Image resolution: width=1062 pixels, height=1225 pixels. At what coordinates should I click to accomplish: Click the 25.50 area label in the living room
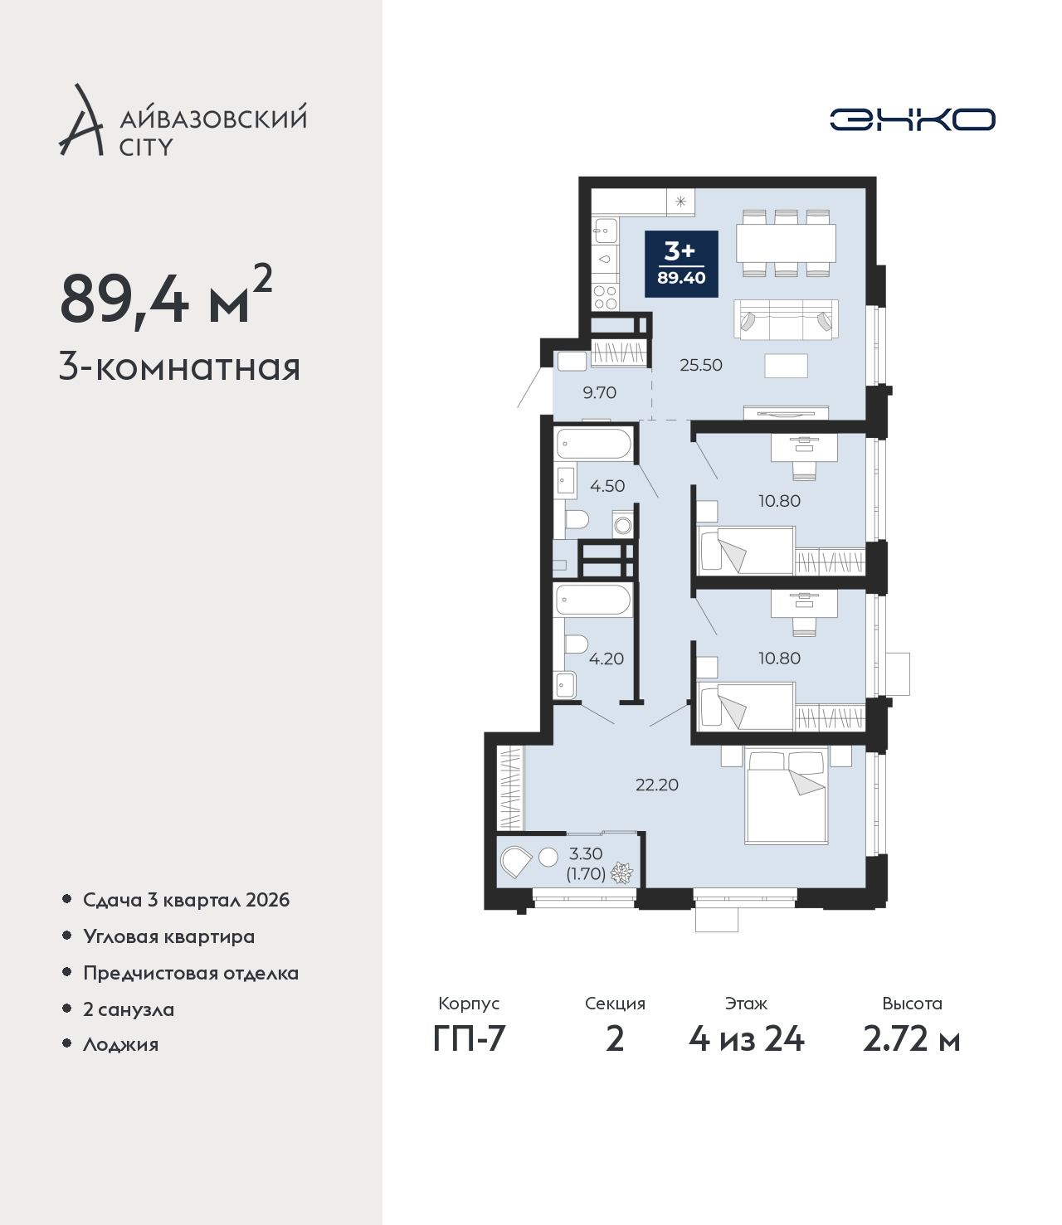click(x=701, y=365)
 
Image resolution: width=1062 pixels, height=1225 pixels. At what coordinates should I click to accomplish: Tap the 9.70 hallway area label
click(x=600, y=392)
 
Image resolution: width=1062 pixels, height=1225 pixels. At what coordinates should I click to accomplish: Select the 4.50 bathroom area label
click(x=607, y=486)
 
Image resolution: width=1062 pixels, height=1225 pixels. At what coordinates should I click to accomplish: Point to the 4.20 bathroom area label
click(x=606, y=659)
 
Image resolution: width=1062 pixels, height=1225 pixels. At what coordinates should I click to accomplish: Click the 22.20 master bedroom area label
click(x=657, y=785)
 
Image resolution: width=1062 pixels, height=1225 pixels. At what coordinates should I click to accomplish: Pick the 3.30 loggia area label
click(x=586, y=853)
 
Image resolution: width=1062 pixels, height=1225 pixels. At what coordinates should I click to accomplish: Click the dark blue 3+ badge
click(x=681, y=264)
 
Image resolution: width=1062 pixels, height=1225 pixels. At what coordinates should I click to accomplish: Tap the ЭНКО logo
click(x=912, y=119)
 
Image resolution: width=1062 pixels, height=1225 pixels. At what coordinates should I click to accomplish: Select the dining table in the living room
click(x=786, y=243)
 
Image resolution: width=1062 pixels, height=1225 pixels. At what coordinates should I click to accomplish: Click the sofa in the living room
click(x=786, y=318)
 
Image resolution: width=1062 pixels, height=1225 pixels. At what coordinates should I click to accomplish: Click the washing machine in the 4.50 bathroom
click(x=622, y=525)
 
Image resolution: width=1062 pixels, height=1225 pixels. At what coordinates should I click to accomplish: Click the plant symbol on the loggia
click(x=621, y=873)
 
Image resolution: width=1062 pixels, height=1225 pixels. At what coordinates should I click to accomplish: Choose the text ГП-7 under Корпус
click(x=469, y=1038)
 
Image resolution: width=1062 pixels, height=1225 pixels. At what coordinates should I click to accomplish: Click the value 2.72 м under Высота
click(x=911, y=1038)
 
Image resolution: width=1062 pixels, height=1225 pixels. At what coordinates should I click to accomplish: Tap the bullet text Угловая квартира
click(x=169, y=936)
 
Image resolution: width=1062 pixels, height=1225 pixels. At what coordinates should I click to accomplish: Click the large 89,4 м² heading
click(x=166, y=296)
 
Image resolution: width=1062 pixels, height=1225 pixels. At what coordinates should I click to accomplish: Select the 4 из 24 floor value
click(x=747, y=1038)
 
